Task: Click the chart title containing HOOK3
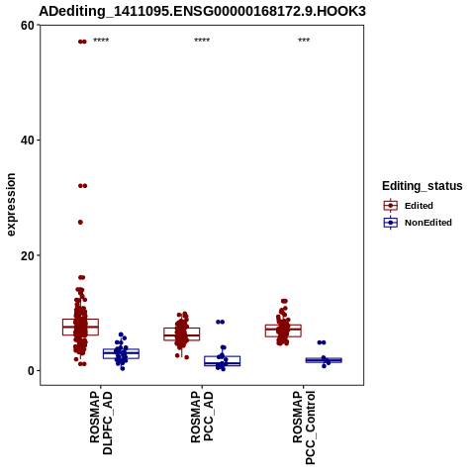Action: [202, 11]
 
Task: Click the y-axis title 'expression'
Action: [11, 205]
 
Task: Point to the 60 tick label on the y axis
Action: [28, 26]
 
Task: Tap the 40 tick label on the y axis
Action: [28, 141]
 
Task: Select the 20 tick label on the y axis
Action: [28, 255]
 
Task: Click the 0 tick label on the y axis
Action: [32, 371]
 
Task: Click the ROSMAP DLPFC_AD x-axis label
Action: [101, 423]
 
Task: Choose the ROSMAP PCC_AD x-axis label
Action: [202, 417]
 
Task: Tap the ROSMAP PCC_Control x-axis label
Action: [304, 427]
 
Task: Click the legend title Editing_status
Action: [423, 186]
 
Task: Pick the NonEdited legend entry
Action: [418, 223]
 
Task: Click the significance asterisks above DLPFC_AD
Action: [101, 41]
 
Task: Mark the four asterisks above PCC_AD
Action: [202, 41]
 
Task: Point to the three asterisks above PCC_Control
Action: [304, 41]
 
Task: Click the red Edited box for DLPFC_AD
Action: [80, 327]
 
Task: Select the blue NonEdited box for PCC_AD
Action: [222, 361]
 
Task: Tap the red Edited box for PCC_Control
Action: [283, 331]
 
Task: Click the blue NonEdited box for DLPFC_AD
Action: [121, 353]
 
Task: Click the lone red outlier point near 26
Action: [80, 223]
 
